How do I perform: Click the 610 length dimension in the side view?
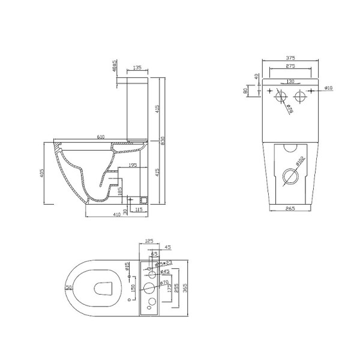pyautogui.click(x=101, y=137)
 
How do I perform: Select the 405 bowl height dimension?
pyautogui.click(x=41, y=175)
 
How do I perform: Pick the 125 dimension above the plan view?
pyautogui.click(x=149, y=241)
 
